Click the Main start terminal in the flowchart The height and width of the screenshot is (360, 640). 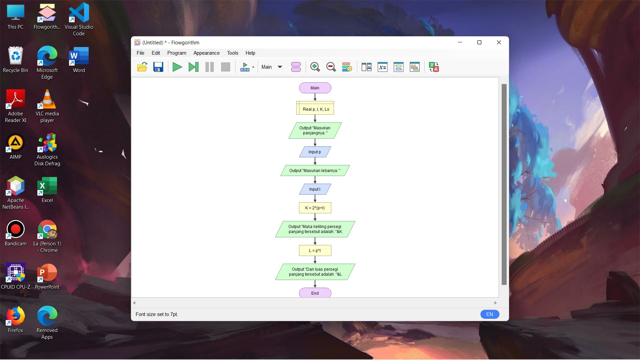click(x=315, y=88)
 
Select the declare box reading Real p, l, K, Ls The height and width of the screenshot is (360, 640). click(x=315, y=108)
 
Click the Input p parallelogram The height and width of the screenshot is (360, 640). click(x=315, y=152)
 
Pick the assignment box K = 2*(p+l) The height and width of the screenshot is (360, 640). click(x=315, y=208)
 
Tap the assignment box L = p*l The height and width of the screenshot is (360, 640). click(x=315, y=251)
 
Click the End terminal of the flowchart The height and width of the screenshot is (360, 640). click(x=315, y=293)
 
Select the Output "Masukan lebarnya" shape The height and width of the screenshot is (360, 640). click(x=315, y=171)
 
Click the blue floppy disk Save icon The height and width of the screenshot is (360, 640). click(x=158, y=67)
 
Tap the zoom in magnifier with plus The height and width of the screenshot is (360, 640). click(x=315, y=67)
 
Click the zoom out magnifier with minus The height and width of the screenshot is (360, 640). click(x=331, y=67)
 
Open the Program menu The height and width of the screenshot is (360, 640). click(x=177, y=53)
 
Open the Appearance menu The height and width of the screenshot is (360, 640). click(x=206, y=53)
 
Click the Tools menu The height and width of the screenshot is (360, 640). click(x=233, y=53)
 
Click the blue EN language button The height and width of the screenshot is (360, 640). click(x=490, y=314)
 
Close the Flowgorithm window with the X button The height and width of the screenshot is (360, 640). click(x=499, y=42)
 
